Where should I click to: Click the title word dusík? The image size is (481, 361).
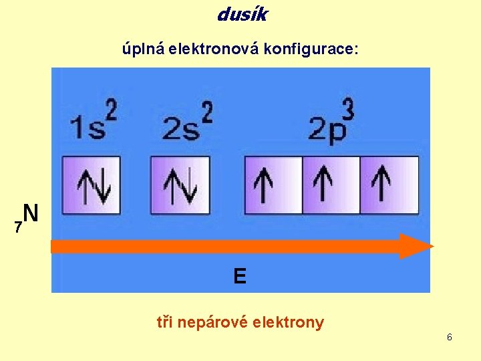click(x=241, y=13)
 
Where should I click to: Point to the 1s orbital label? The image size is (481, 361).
click(x=88, y=127)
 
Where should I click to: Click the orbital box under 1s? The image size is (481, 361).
click(x=92, y=185)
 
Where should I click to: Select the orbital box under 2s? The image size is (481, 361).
click(x=180, y=185)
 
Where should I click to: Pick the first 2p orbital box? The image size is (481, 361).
click(x=273, y=185)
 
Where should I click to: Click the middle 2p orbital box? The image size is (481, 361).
click(x=331, y=185)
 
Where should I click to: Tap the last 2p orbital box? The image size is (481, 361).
click(x=389, y=185)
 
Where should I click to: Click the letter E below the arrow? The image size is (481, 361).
click(x=240, y=275)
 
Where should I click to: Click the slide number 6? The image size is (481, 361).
click(x=450, y=337)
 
